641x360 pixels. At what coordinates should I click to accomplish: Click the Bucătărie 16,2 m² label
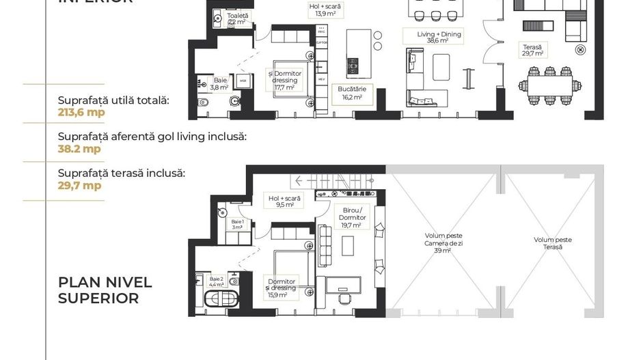click(349, 93)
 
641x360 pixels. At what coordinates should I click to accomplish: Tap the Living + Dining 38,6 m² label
click(439, 37)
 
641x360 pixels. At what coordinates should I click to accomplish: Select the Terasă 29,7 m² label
click(532, 49)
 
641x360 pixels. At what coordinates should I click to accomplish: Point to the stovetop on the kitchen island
click(353, 66)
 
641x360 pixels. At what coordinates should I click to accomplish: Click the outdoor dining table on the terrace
click(549, 86)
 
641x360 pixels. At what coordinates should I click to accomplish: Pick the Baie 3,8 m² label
click(219, 83)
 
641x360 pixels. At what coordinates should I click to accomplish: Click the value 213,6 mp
click(81, 113)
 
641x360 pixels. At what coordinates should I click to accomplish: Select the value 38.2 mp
click(79, 148)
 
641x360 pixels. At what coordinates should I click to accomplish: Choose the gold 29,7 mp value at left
click(79, 185)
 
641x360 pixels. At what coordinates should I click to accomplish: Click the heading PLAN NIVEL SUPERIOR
click(105, 290)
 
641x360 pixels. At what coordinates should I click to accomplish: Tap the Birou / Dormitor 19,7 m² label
click(353, 217)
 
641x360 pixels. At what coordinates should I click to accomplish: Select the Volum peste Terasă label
click(553, 243)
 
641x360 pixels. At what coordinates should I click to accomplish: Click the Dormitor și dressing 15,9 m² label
click(282, 288)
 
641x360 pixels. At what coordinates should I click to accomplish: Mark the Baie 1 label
click(237, 224)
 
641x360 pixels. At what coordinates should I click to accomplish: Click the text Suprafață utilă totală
click(113, 100)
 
